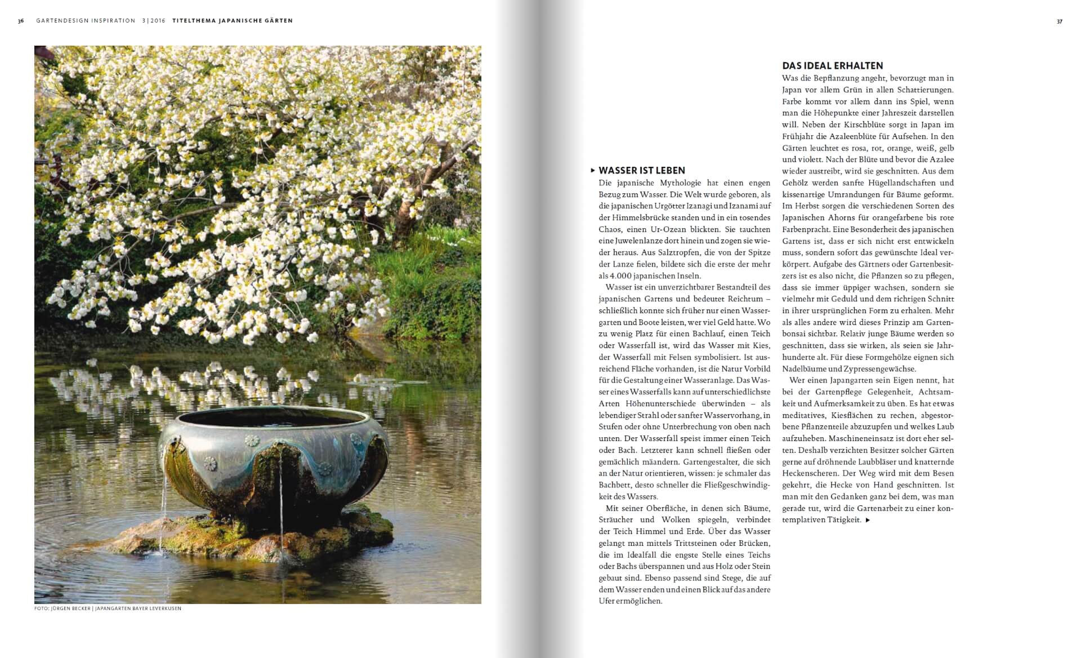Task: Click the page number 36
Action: click(x=21, y=21)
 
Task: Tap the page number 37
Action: click(x=1060, y=21)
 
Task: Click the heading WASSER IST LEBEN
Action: click(x=642, y=170)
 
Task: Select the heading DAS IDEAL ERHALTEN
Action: click(x=832, y=65)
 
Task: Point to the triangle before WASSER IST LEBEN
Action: click(x=592, y=170)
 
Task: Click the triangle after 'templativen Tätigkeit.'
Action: click(x=868, y=520)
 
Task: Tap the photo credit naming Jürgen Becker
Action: click(x=108, y=608)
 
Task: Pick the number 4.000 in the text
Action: click(x=622, y=276)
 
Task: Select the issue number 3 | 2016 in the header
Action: click(x=154, y=21)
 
